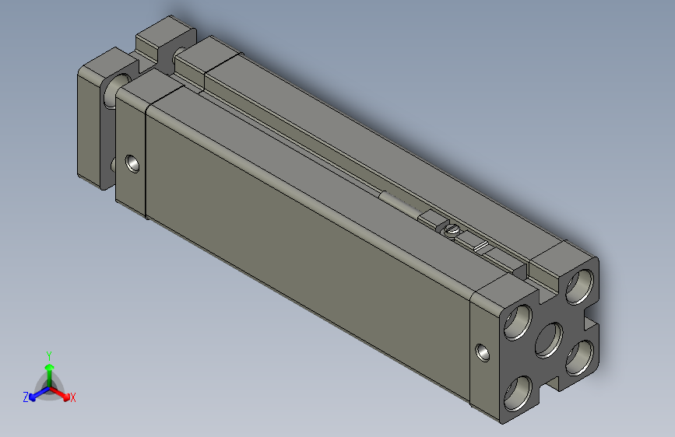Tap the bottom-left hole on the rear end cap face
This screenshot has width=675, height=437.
519,395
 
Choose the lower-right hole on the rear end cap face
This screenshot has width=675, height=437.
578,358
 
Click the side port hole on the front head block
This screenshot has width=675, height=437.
133,164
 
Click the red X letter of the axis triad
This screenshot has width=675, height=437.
73,398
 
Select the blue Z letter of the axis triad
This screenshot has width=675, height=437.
26,397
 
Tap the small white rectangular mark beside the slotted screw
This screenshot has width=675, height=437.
480,247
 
